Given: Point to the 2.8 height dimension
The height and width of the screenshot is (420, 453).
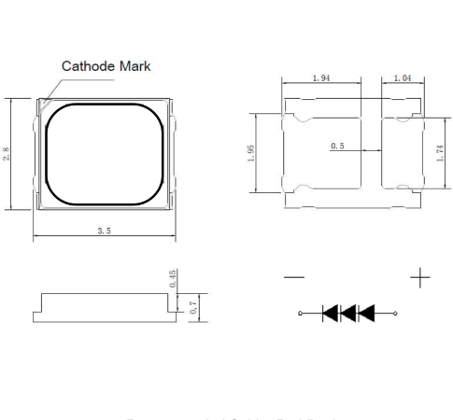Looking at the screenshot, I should tap(7, 153).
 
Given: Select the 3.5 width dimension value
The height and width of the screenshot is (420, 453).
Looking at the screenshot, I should tap(104, 231).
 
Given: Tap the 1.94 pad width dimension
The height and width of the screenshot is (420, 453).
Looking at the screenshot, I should tap(320, 78).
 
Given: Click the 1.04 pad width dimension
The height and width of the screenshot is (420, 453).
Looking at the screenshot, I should tap(402, 78).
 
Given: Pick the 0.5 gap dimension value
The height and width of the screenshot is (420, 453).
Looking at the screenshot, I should tap(337, 147).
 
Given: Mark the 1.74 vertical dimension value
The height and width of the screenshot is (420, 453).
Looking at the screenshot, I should tap(439, 153).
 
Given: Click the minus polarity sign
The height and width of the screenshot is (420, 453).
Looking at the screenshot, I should tap(293, 278).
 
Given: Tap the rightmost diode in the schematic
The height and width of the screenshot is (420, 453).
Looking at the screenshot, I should tap(366, 313).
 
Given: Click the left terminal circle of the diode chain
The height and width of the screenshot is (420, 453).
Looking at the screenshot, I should tap(301, 313).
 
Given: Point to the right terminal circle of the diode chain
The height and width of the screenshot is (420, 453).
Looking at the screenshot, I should tap(396, 313).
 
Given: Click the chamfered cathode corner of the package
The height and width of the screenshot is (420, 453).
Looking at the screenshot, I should tap(42, 105).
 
